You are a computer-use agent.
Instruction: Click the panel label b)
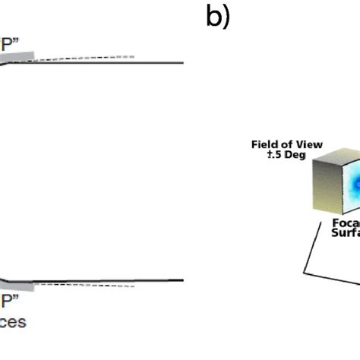[x=217, y=17]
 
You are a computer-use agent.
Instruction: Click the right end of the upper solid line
[x=182, y=63]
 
